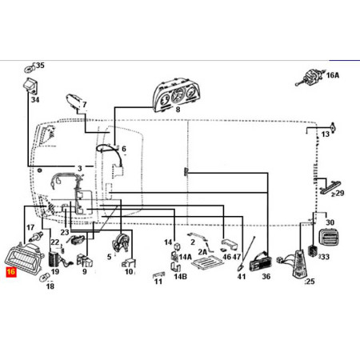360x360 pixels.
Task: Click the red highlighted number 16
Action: (11, 272)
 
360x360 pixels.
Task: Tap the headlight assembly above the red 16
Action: (24, 257)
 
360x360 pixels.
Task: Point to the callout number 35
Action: (40, 66)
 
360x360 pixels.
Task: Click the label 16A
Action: (333, 75)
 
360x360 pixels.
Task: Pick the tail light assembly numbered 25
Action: (299, 264)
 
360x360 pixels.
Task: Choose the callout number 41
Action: (242, 277)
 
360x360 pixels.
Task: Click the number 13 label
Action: (326, 134)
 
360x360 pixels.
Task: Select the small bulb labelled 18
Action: (44, 277)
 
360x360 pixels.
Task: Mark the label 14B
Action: (180, 277)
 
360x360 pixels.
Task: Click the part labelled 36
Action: (261, 262)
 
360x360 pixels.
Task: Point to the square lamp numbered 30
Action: (329, 238)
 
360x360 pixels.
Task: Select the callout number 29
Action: (340, 193)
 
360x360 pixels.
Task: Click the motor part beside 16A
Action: (310, 78)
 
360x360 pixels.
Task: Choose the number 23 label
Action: (65, 232)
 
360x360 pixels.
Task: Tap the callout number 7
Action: (85, 105)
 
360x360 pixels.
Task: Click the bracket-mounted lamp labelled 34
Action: (31, 86)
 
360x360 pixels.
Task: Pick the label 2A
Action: (202, 252)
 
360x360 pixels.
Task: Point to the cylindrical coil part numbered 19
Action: (54, 259)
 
